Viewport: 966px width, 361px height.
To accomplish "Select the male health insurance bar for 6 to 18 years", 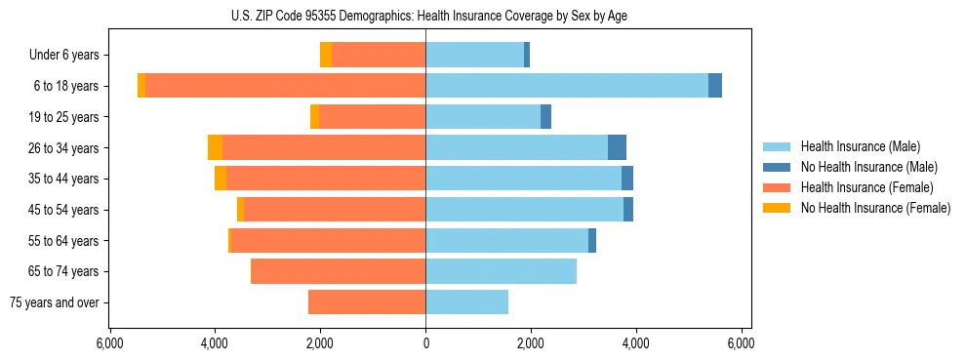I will point(566,86).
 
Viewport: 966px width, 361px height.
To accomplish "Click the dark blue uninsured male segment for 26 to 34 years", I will point(617,147).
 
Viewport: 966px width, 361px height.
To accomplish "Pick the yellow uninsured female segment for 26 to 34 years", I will point(215,147).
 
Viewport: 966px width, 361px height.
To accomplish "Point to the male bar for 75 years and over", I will point(466,302).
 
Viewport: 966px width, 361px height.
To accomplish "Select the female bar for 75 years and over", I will point(367,302).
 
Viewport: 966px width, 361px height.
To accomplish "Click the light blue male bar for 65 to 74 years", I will point(501,271).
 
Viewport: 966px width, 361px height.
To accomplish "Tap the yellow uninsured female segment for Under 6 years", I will point(326,55).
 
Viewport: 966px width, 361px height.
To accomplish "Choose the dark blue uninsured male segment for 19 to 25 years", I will point(545,117).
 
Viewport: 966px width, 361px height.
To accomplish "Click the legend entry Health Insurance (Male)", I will point(860,146).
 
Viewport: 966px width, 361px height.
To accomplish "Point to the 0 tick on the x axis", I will point(425,343).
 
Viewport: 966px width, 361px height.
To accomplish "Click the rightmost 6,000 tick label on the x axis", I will point(741,343).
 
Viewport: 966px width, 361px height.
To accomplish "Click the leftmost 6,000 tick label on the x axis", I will point(109,343).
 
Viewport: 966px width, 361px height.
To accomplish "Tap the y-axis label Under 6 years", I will point(63,55).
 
